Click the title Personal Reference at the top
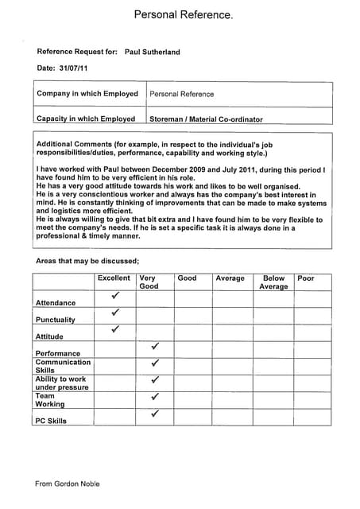click(x=183, y=15)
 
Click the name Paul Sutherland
click(x=152, y=52)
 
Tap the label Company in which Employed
click(x=87, y=94)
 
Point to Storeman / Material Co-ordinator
click(x=206, y=119)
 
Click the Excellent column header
click(x=114, y=278)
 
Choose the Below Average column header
click(x=273, y=282)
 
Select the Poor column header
click(x=305, y=278)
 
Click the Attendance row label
click(x=56, y=303)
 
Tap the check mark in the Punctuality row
click(x=115, y=313)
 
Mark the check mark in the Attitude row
click(x=115, y=328)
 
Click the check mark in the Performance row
click(x=155, y=347)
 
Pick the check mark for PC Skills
click(x=155, y=414)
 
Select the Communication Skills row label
click(x=63, y=366)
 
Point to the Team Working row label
click(x=50, y=400)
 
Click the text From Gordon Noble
click(x=68, y=484)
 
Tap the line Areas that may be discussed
click(x=87, y=261)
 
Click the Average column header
click(x=230, y=278)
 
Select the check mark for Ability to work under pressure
click(x=155, y=380)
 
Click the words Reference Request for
click(x=77, y=52)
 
